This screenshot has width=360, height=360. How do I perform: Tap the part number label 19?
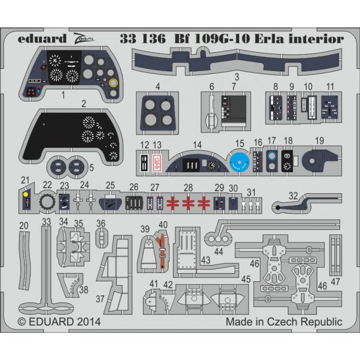319,140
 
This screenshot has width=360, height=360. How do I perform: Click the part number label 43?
206,260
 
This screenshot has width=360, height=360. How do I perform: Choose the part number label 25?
110,185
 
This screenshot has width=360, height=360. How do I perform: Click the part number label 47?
335,282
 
